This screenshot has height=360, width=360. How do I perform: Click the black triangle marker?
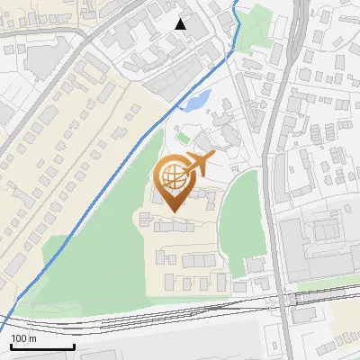180,24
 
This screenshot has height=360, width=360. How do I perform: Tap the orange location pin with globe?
175,180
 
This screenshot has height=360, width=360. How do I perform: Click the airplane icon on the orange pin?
199,164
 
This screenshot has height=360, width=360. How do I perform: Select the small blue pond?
199,100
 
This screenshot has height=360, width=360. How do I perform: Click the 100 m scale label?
24,338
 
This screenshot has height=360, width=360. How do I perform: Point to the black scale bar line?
42,346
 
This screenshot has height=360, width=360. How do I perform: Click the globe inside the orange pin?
173,175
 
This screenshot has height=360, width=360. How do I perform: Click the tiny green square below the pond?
183,138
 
